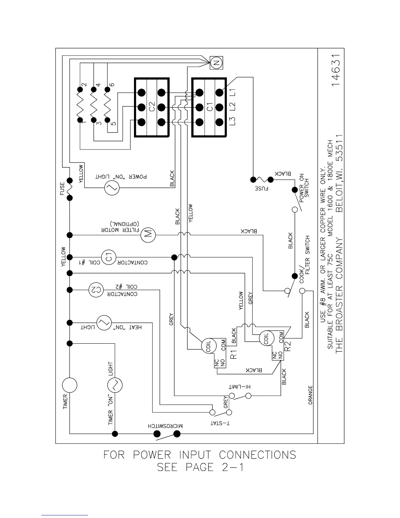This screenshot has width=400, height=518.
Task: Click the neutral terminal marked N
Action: coord(216,62)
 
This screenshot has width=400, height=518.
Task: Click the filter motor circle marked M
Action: coord(148,234)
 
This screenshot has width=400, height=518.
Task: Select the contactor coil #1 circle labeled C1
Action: coord(108,257)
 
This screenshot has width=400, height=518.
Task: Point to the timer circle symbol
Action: coord(70,385)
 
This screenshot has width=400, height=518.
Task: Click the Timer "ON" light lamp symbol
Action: coord(115,385)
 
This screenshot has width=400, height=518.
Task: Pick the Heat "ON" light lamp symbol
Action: coord(104,323)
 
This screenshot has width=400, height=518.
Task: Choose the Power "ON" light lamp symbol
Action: coord(111,188)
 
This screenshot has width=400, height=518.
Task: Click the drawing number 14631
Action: coord(337,71)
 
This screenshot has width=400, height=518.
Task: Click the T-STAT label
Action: coord(220,423)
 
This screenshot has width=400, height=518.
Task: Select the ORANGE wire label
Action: coord(310,395)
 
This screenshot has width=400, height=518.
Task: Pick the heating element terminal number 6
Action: coord(112,84)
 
